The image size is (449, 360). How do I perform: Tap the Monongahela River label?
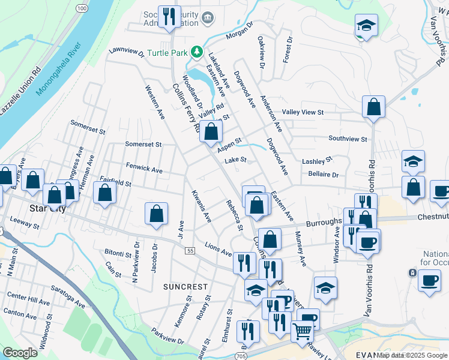[x=58, y=69]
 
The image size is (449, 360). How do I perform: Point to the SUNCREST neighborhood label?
[x=185, y=287]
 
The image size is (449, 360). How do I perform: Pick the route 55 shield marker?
[x=190, y=250]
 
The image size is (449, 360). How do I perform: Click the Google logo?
[x=20, y=353]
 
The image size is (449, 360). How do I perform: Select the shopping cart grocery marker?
[x=302, y=330]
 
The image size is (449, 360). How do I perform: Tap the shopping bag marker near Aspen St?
[x=211, y=131]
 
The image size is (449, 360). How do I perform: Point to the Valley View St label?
[x=303, y=112]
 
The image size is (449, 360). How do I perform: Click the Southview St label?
[x=348, y=139]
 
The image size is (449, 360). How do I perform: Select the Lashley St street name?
[x=317, y=161]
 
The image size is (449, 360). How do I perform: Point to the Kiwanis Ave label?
[x=201, y=206]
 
